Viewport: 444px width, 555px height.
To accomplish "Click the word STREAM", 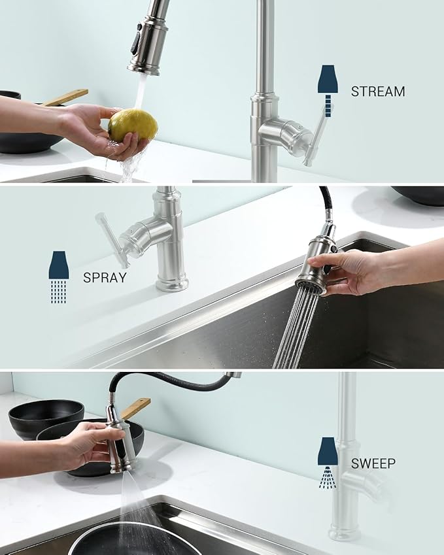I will [377, 92].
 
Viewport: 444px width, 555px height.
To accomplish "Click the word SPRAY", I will [105, 277].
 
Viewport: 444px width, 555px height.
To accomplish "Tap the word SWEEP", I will [373, 463].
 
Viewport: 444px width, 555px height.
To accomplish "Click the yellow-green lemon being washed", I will [133, 125].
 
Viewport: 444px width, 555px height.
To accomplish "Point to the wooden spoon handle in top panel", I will [65, 97].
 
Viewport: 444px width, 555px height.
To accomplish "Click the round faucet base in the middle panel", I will [172, 283].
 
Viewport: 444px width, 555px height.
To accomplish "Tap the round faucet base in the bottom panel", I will [345, 533].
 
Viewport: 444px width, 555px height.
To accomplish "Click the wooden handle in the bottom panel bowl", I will [136, 408].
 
